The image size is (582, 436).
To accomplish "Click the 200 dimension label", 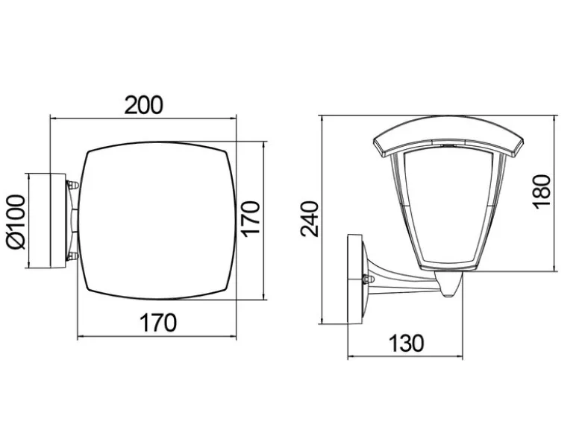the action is (x=143, y=105).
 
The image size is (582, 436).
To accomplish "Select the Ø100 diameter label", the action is (x=16, y=222).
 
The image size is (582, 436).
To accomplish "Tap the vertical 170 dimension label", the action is (x=250, y=218).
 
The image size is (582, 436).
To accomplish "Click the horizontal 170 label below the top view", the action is (x=157, y=323).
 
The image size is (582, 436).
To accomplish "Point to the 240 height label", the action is (x=310, y=218).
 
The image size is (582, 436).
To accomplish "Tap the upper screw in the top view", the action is (x=72, y=185).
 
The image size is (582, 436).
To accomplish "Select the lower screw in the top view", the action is (x=72, y=255).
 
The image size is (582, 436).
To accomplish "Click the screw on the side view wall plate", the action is (x=368, y=279).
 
